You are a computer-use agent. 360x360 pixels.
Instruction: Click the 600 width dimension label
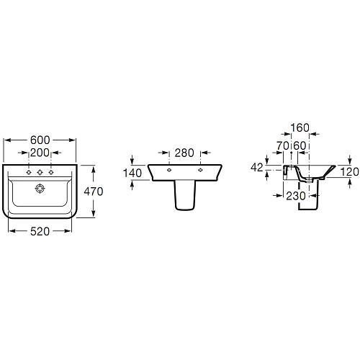pos(40,140)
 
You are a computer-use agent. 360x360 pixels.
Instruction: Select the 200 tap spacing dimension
pos(40,153)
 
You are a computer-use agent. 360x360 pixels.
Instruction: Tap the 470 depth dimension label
pos(94,192)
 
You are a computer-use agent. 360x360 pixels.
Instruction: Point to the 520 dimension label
pos(40,231)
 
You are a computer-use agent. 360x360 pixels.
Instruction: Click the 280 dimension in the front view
pos(184,153)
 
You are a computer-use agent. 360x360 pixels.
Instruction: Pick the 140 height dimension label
pos(132,173)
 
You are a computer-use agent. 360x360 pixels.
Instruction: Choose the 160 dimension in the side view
pos(300,127)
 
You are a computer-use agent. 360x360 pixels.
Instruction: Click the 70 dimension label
pos(282,145)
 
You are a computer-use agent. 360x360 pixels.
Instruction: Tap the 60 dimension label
pos(300,145)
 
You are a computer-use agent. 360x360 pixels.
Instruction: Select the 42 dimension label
pos(257,167)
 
